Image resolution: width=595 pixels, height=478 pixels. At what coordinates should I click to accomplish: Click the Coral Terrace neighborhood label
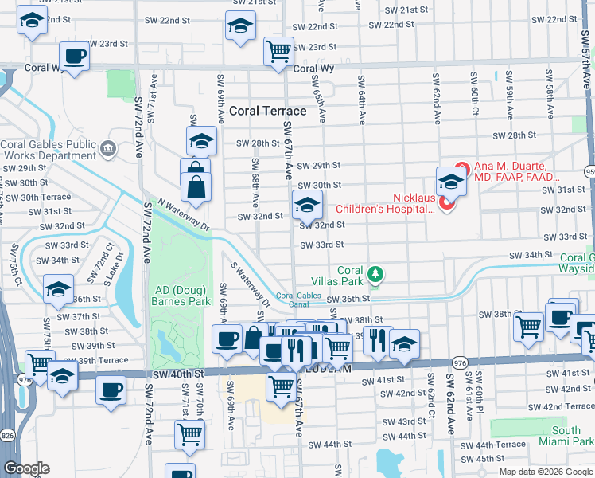click(267, 112)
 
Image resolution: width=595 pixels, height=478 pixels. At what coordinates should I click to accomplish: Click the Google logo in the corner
click(27, 468)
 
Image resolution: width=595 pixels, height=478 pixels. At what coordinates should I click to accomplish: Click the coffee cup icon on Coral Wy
click(75, 57)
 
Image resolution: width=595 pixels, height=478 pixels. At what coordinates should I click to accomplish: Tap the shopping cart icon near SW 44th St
click(190, 434)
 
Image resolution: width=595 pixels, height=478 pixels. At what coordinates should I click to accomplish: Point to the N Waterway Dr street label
click(184, 214)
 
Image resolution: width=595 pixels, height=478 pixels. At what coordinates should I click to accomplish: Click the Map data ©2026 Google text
click(546, 472)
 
